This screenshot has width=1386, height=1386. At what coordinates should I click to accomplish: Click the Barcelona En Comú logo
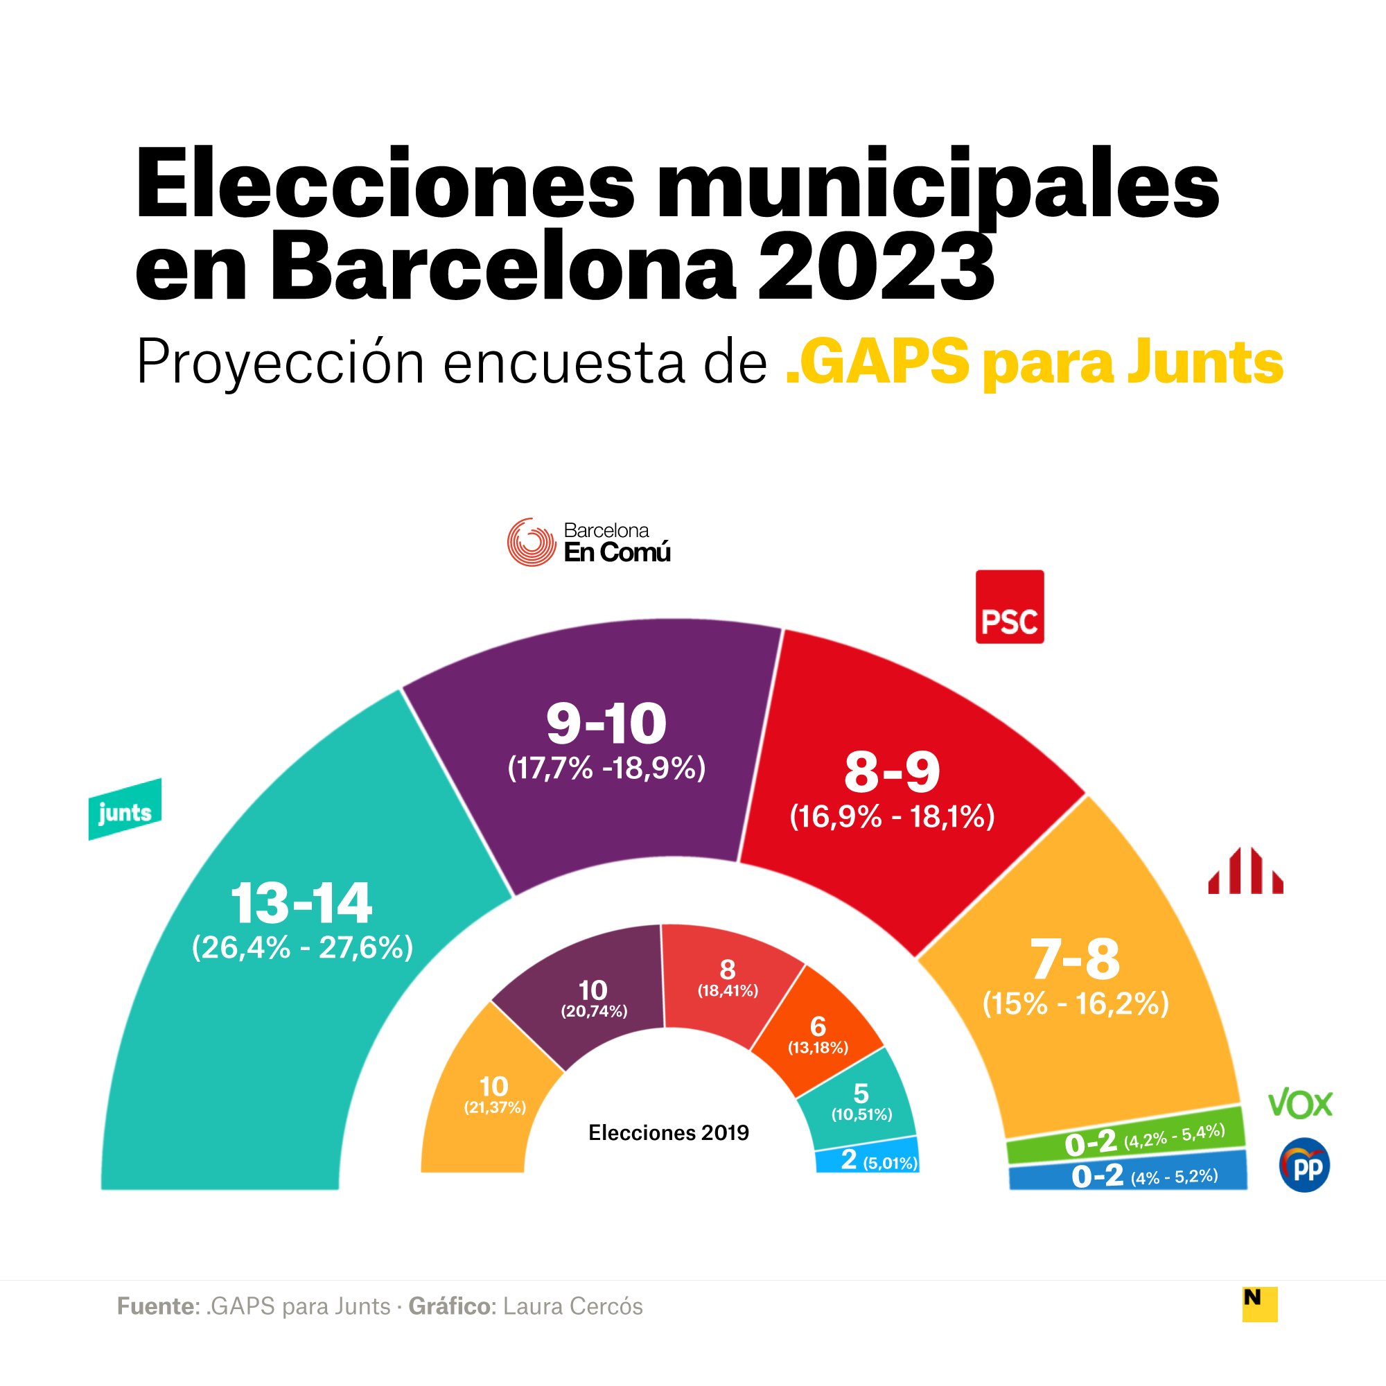pyautogui.click(x=588, y=543)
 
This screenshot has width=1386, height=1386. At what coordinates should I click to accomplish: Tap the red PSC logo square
pyautogui.click(x=1010, y=606)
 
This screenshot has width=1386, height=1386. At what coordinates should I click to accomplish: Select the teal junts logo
pyautogui.click(x=125, y=810)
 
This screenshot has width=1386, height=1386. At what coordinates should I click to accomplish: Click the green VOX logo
pyautogui.click(x=1300, y=1105)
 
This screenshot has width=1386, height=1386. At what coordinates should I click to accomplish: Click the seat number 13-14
pyautogui.click(x=301, y=903)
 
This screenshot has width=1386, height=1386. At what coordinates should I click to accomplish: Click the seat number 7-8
pyautogui.click(x=1075, y=959)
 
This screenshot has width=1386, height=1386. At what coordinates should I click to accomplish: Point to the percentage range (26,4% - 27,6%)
pyautogui.click(x=302, y=947)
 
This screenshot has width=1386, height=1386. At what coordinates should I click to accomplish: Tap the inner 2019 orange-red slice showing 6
pyautogui.click(x=818, y=1034)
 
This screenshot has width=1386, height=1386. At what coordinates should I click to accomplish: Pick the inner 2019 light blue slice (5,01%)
pyautogui.click(x=868, y=1161)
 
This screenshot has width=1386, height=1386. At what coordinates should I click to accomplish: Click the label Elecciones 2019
pyautogui.click(x=669, y=1133)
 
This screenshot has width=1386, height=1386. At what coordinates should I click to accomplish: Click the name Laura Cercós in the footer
pyautogui.click(x=572, y=1306)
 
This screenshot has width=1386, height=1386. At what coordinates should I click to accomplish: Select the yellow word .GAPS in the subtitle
pyautogui.click(x=877, y=362)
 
